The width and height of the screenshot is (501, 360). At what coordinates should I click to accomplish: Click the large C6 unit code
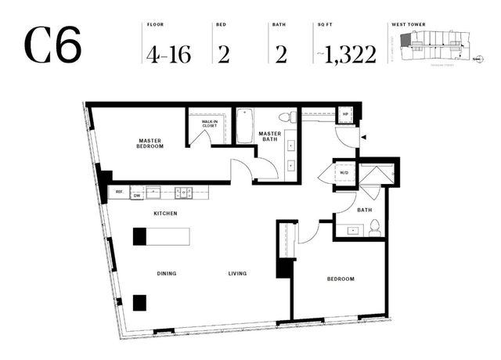(x=52, y=46)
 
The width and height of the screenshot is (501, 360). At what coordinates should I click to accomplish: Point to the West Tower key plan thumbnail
(x=435, y=50)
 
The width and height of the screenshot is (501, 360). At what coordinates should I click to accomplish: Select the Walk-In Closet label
(x=209, y=124)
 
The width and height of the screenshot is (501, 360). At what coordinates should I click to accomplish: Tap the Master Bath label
(x=270, y=136)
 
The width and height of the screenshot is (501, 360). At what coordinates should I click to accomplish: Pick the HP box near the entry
(x=345, y=114)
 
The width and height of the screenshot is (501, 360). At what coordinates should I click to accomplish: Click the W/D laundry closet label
(x=344, y=172)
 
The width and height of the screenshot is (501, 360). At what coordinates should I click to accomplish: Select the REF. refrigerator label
(x=119, y=191)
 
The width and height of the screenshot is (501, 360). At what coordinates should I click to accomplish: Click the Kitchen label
(x=165, y=213)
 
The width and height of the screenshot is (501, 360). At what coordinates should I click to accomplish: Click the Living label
(x=237, y=273)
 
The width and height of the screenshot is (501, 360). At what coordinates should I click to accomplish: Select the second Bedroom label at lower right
(x=340, y=279)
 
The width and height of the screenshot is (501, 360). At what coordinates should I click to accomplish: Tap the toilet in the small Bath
(x=375, y=228)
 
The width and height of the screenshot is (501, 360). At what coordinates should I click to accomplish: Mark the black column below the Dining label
(x=139, y=302)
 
